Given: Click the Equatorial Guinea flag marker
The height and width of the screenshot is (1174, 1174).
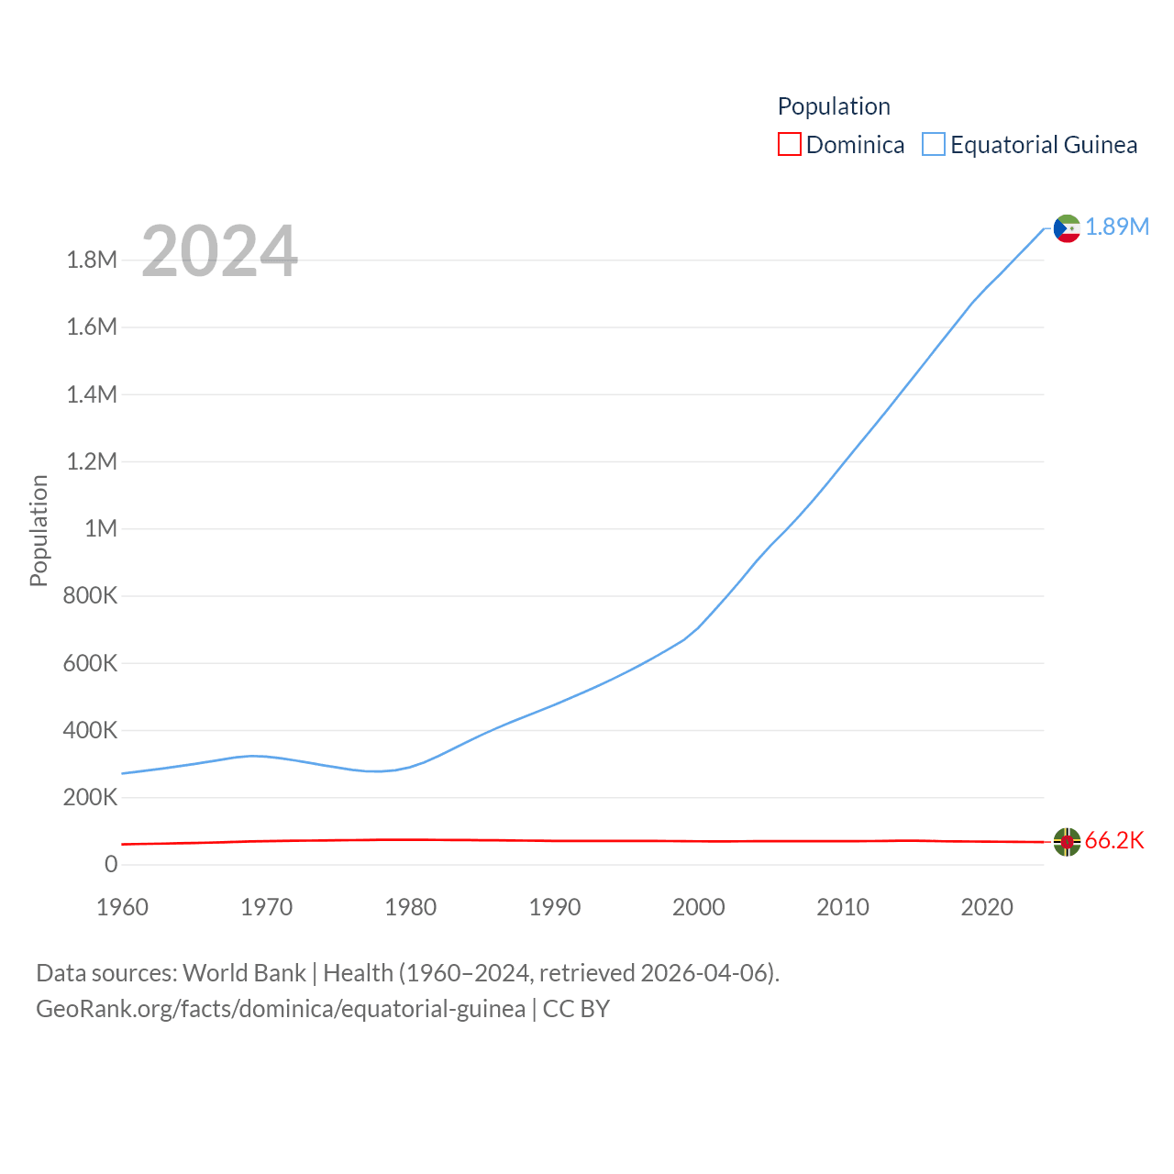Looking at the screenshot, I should point(1067,228).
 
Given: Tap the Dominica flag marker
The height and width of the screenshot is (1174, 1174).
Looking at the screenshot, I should point(1067,841).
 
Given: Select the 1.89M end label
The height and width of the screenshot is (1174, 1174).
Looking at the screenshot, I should point(1117,227).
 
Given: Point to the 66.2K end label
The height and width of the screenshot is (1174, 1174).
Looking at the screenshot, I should point(1114,840).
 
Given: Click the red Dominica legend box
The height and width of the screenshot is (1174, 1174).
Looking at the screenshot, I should point(789,145).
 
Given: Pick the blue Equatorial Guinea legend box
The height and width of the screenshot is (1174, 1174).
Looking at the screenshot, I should point(933,145).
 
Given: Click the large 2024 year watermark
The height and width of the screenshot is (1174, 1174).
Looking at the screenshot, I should point(219,251).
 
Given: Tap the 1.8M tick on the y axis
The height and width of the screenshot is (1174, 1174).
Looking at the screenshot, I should point(92,260).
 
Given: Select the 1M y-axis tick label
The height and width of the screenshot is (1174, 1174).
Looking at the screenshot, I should point(101,528).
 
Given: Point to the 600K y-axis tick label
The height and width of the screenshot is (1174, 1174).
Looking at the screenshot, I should point(90,663).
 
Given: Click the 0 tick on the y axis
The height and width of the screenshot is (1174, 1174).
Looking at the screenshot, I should point(111,864).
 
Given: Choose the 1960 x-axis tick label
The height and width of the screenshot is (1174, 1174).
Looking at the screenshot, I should point(122,907).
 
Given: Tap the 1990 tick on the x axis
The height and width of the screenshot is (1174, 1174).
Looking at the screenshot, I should point(555,907).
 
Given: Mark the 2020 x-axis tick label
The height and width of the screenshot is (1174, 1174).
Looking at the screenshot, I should point(987,907).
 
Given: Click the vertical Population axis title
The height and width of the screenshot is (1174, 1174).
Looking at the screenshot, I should point(39,530).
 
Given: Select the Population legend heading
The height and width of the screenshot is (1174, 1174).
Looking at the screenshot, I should point(834,106).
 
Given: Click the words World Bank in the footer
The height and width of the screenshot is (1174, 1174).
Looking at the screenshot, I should point(244,972).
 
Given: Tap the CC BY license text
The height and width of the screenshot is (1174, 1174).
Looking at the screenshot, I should point(576,1009).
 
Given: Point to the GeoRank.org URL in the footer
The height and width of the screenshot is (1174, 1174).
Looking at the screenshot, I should point(281,1009).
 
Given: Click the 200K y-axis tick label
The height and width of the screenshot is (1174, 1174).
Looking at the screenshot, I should point(90,797).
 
